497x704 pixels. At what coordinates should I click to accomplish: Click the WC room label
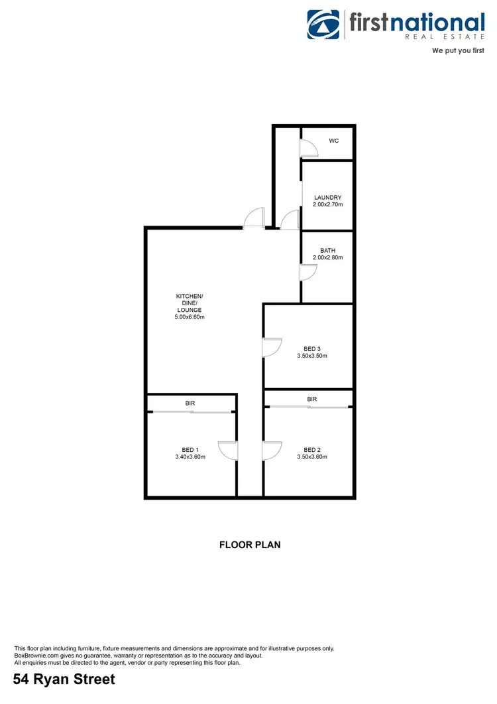334,141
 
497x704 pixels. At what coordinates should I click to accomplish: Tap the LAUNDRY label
328,197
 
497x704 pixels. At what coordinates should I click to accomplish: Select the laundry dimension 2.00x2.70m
328,204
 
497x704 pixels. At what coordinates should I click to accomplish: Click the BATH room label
328,250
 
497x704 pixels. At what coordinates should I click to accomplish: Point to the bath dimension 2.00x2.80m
328,257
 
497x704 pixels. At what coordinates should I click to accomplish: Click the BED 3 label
311,348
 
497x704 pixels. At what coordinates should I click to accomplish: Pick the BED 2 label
311,449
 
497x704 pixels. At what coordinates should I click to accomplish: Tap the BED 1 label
190,449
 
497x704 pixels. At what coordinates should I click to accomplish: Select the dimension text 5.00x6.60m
190,317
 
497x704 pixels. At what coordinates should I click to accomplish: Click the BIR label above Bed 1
190,403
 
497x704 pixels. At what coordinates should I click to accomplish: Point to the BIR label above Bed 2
311,399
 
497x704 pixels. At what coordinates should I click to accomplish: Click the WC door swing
308,149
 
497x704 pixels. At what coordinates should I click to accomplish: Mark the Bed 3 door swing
272,348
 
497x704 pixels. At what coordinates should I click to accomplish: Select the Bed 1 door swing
228,451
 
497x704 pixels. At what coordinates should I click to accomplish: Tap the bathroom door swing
308,272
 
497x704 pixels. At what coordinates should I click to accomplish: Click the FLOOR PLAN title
250,545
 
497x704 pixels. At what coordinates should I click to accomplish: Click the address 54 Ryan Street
64,679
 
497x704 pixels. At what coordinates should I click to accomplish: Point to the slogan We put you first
458,50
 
